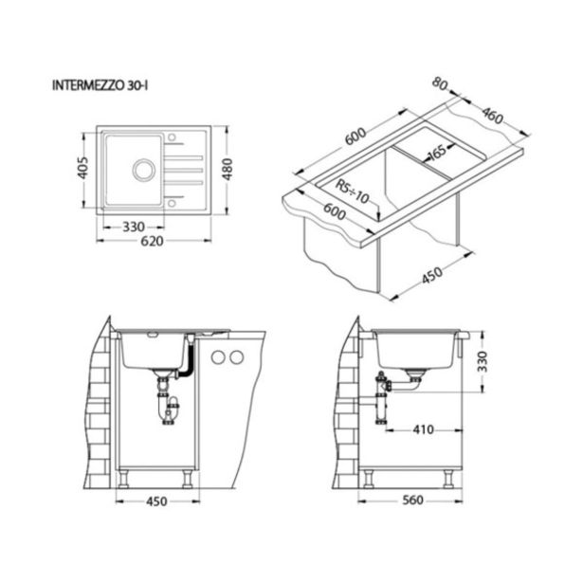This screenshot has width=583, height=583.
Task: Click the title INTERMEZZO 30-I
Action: (x=100, y=85)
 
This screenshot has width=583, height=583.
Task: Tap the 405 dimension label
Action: (x=82, y=168)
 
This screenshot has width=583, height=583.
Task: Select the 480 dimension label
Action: (x=228, y=169)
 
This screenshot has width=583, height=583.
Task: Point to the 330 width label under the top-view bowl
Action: (x=134, y=227)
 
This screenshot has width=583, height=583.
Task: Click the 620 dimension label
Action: (x=152, y=241)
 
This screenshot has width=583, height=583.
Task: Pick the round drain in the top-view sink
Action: (x=144, y=170)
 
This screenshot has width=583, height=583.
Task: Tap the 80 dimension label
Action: (x=440, y=84)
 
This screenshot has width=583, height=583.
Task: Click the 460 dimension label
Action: (x=493, y=116)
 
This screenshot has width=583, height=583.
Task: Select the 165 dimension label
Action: (x=436, y=152)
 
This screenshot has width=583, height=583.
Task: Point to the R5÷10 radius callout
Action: (x=352, y=191)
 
